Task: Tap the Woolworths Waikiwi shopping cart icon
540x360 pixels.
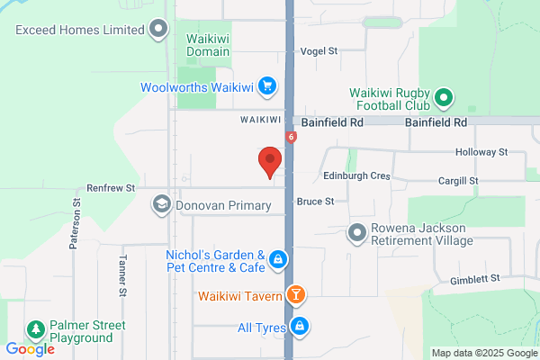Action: pyautogui.click(x=266, y=87)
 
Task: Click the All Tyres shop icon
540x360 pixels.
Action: pyautogui.click(x=301, y=326)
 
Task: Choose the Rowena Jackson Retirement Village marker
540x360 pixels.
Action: pyautogui.click(x=356, y=233)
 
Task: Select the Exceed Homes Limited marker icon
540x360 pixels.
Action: pyautogui.click(x=159, y=30)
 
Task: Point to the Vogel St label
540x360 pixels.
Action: pyautogui.click(x=319, y=52)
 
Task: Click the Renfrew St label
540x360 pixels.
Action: pyautogui.click(x=111, y=188)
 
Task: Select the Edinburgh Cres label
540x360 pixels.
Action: pyautogui.click(x=357, y=176)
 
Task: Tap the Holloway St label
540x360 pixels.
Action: pyautogui.click(x=481, y=153)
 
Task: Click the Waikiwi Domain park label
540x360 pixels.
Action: pyautogui.click(x=208, y=45)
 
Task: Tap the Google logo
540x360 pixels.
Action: pyautogui.click(x=30, y=349)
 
